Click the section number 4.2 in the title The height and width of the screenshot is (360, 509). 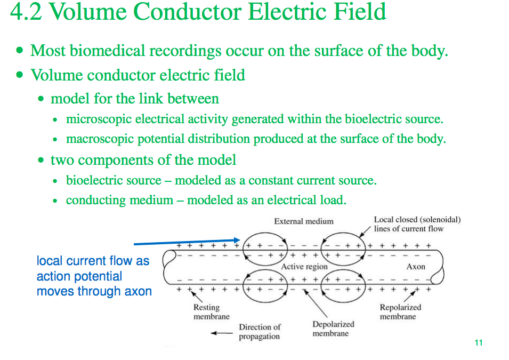[25, 12]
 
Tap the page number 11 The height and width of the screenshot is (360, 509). [478, 342]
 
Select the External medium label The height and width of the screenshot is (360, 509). [304, 221]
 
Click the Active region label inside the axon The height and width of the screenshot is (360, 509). [304, 266]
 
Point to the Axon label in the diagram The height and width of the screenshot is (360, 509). [416, 266]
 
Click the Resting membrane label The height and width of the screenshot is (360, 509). [211, 311]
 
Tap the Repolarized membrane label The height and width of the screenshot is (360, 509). [400, 311]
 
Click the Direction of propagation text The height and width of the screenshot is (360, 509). [260, 331]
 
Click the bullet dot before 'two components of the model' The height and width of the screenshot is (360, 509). [42, 161]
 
